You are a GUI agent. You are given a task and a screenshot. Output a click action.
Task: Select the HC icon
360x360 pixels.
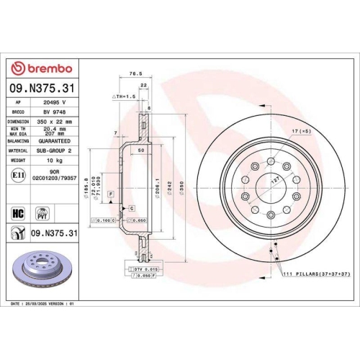pos(18,211)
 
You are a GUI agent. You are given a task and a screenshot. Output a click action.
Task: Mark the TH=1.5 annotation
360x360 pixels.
pos(123,96)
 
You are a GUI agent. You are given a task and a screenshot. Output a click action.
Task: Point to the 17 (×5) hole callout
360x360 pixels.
pos(301,130)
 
